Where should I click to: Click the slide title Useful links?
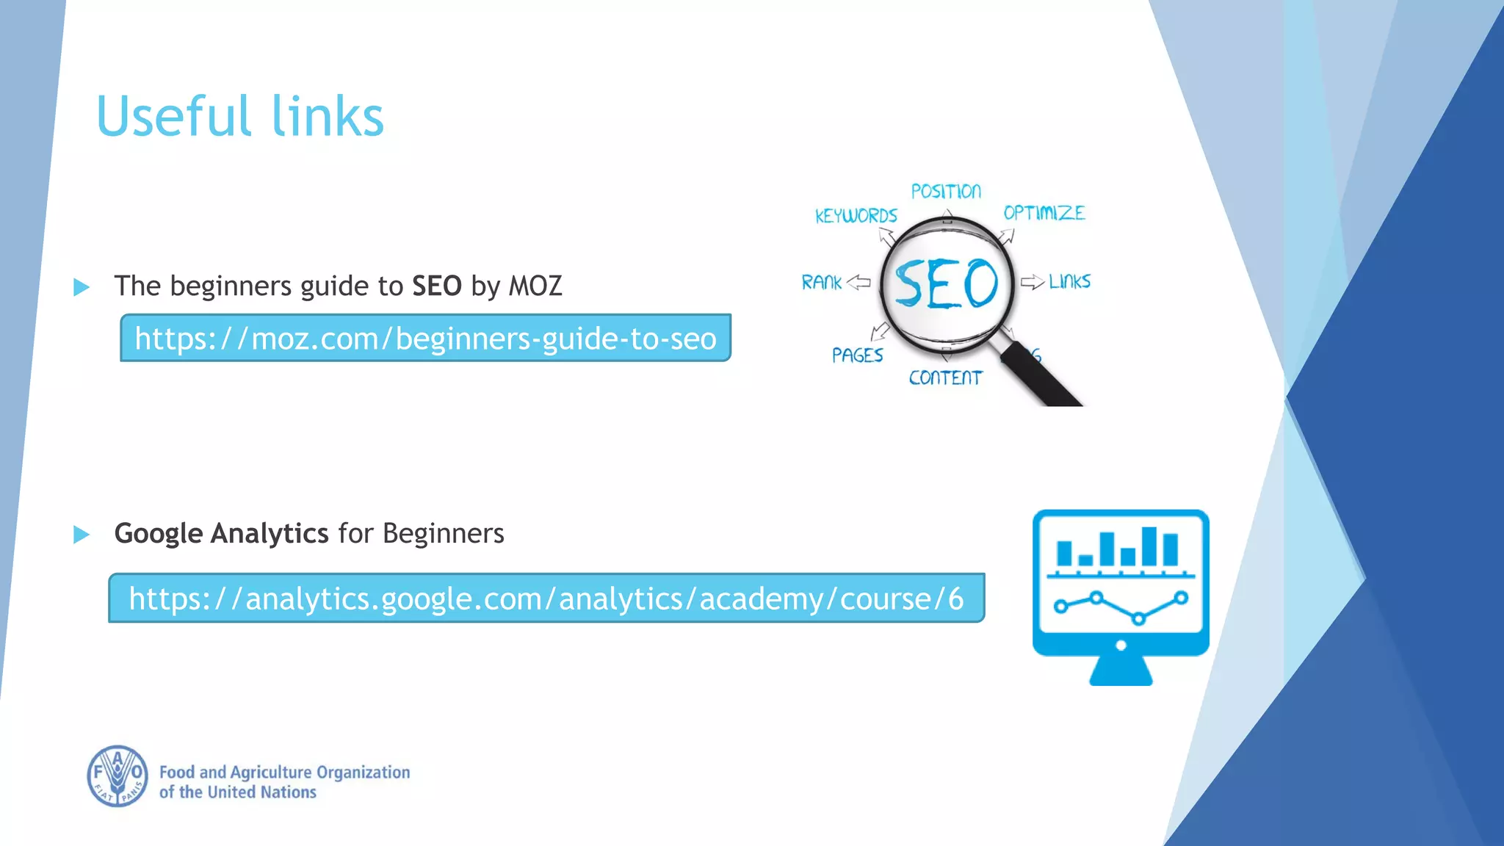(x=240, y=116)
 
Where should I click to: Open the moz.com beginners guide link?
(x=425, y=339)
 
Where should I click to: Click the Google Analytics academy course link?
(x=546, y=599)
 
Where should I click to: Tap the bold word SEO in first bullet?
(x=437, y=286)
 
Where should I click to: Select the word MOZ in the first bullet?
(x=535, y=286)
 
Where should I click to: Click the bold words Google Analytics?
(x=221, y=533)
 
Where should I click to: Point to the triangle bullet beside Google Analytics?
(x=82, y=535)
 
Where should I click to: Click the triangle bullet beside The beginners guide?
(x=82, y=287)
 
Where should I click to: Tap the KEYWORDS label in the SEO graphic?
(x=856, y=216)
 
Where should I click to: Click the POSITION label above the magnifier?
(x=946, y=192)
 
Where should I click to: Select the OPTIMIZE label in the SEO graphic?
(x=1044, y=213)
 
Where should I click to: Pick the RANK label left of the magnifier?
(x=821, y=282)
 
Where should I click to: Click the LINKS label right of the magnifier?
(x=1069, y=281)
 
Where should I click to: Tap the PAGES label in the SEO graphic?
(x=857, y=355)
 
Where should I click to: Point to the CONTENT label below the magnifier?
(x=945, y=377)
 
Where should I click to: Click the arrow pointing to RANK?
(x=858, y=282)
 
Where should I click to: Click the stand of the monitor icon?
(x=1121, y=670)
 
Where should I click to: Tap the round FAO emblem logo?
(x=117, y=776)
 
